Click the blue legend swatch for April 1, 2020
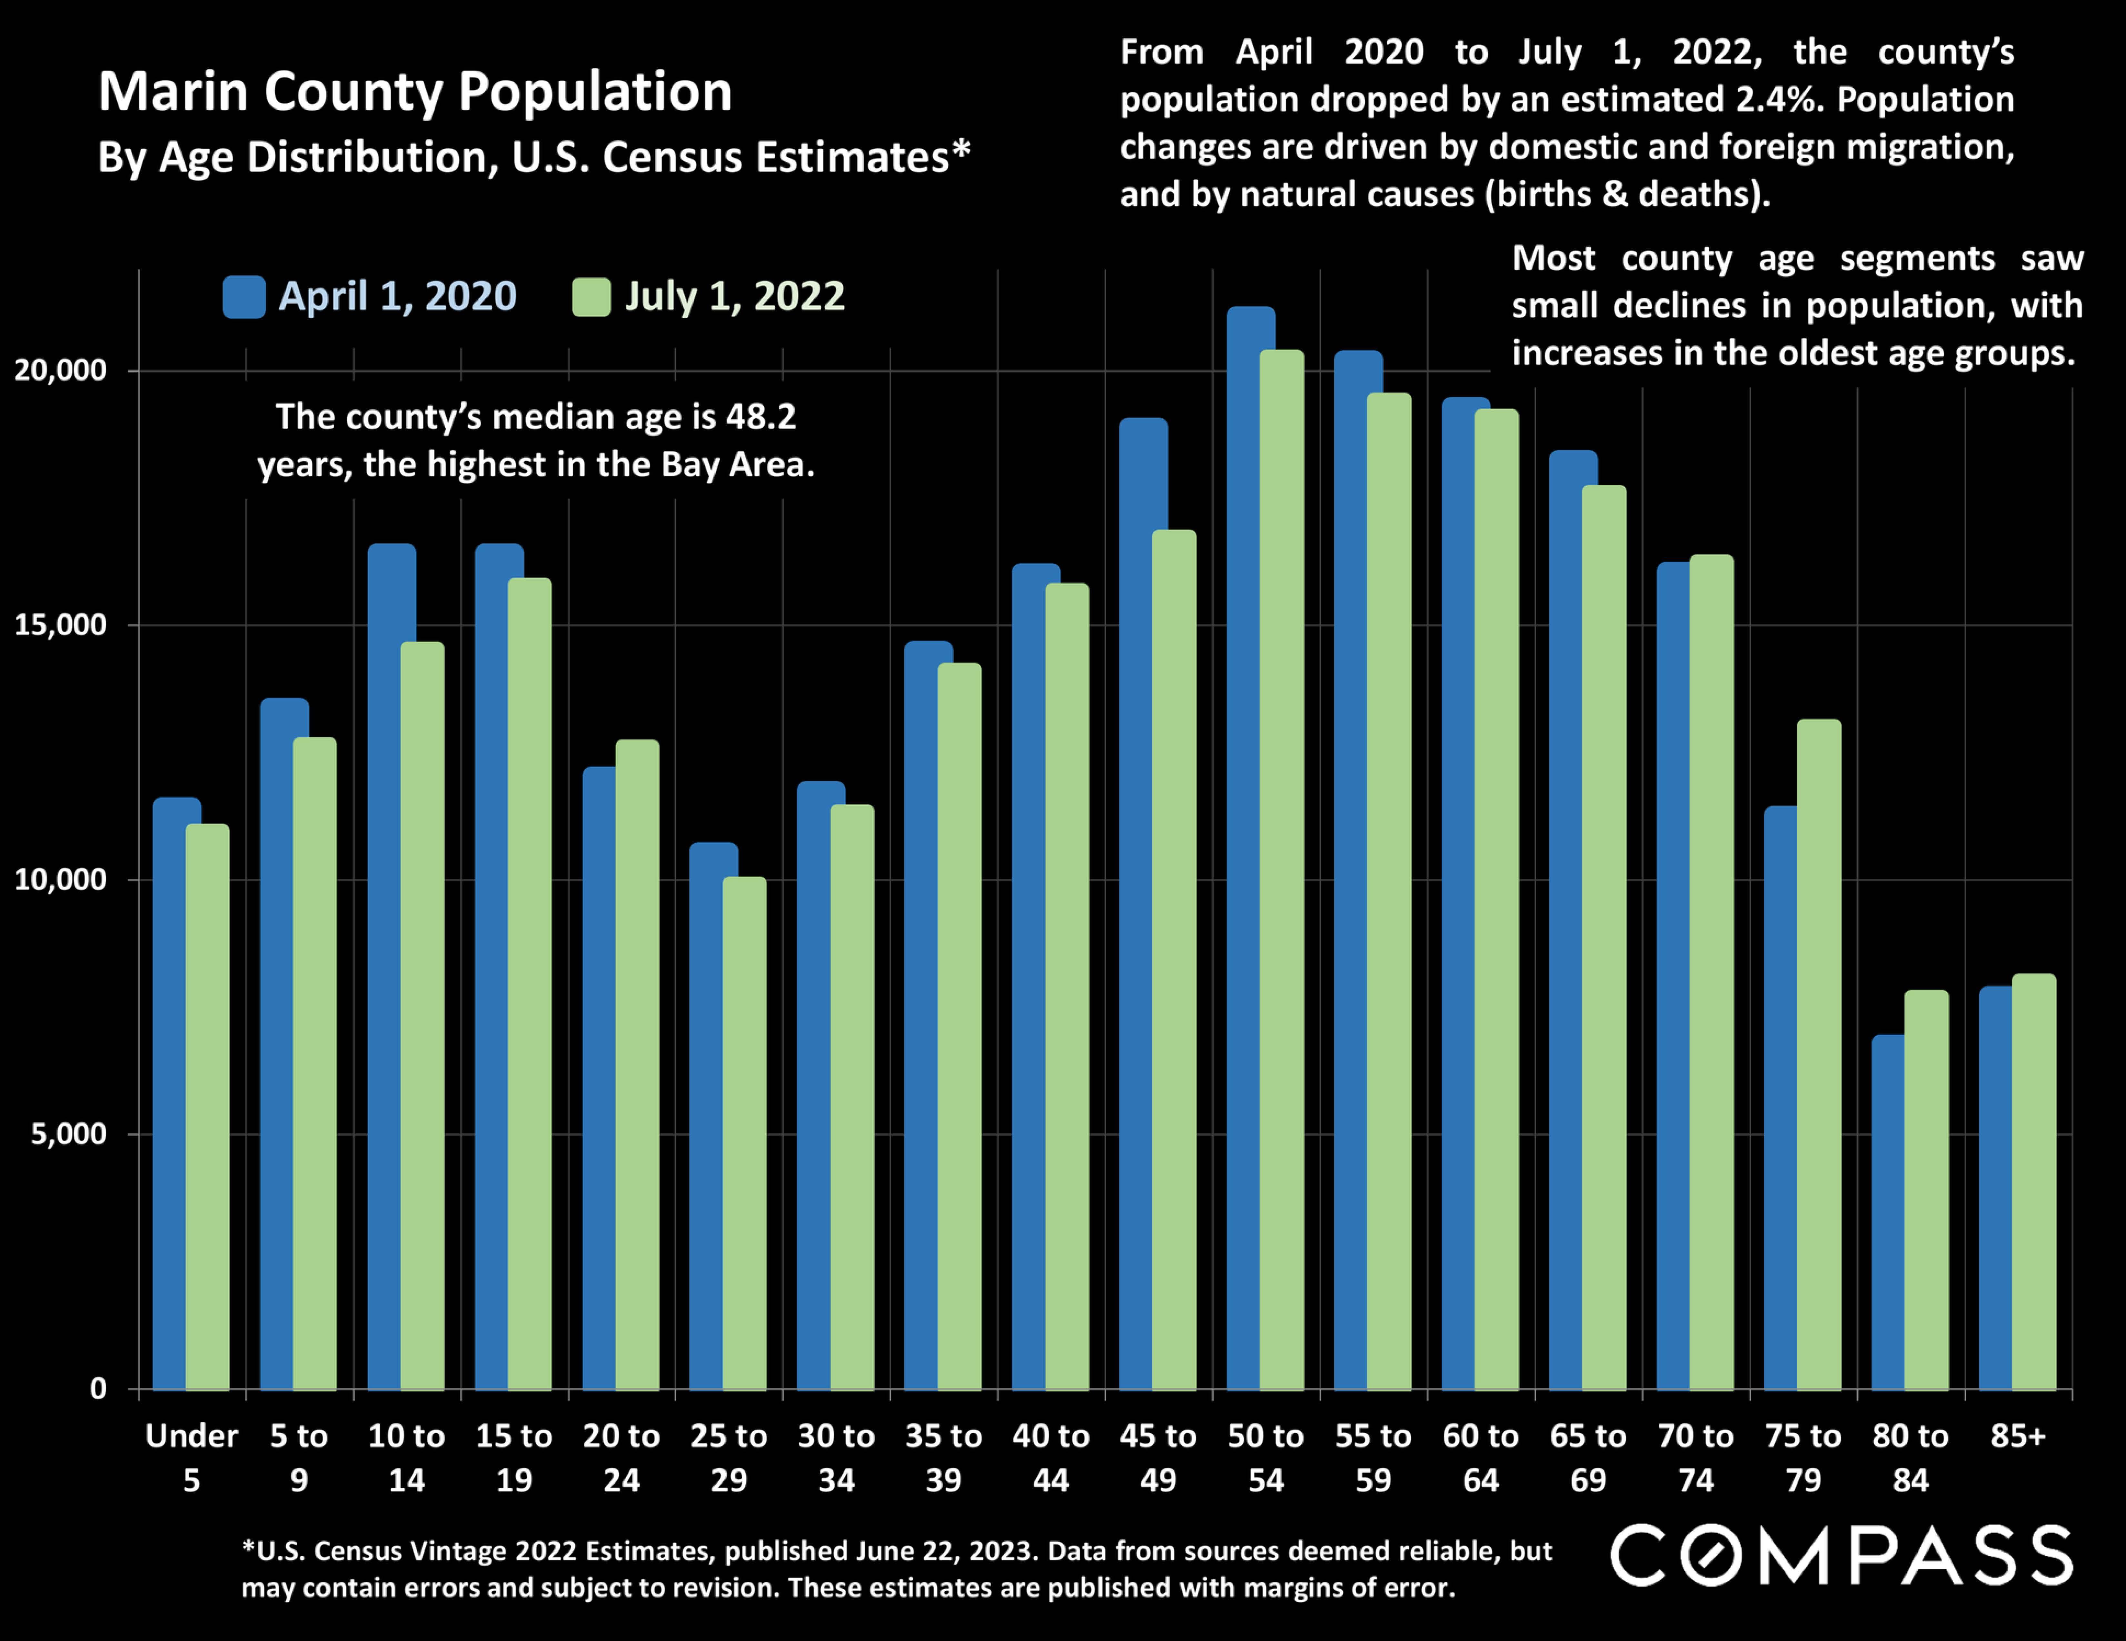(x=243, y=297)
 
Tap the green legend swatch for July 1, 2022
(x=591, y=297)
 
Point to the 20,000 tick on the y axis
(x=60, y=371)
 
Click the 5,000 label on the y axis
(x=68, y=1134)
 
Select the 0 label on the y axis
(x=97, y=1389)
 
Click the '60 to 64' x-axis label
(x=1481, y=1457)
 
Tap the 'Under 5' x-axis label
(x=192, y=1457)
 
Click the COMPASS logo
(x=1841, y=1555)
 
